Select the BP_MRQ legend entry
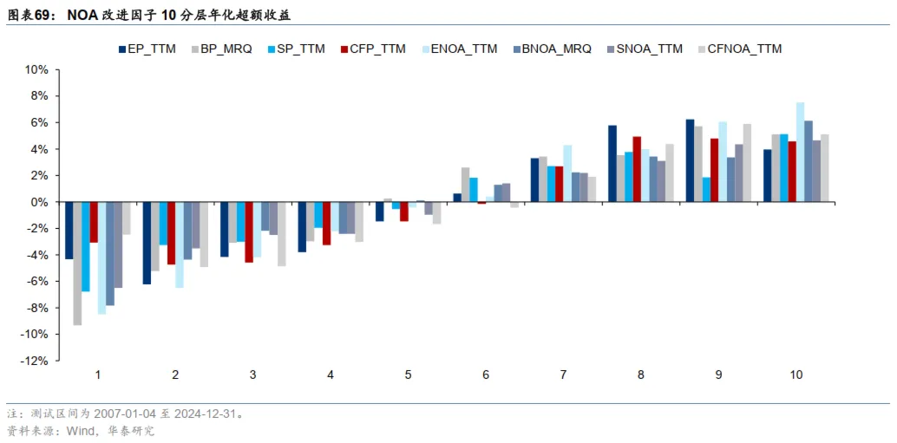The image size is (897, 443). click(x=226, y=49)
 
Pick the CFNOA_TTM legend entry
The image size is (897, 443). click(x=743, y=49)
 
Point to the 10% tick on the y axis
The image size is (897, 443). click(x=36, y=69)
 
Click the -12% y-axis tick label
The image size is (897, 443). click(x=34, y=362)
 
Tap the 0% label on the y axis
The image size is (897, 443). click(x=39, y=202)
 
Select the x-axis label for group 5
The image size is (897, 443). click(x=408, y=375)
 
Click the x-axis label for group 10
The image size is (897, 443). click(x=796, y=375)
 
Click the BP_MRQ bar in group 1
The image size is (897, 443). click(x=77, y=264)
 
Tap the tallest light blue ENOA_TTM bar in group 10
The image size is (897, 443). click(x=800, y=153)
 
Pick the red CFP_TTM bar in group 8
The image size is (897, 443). click(x=636, y=169)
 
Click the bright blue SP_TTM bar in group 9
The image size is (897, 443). click(x=706, y=190)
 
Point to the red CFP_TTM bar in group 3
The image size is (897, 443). click(x=249, y=232)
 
